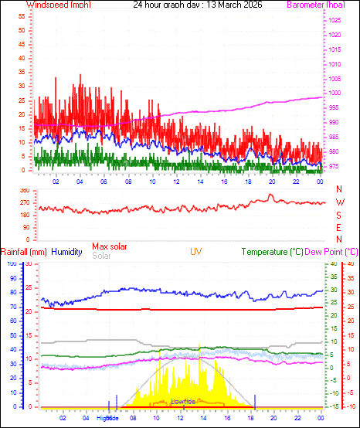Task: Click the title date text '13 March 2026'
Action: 234,5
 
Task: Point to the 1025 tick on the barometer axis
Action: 336,19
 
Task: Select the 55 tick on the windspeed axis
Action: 22,16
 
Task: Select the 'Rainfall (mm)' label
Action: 24,252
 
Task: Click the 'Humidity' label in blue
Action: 67,252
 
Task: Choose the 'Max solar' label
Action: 110,246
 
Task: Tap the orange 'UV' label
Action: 196,252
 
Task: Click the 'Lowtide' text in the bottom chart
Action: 182,402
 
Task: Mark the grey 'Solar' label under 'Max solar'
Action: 101,256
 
